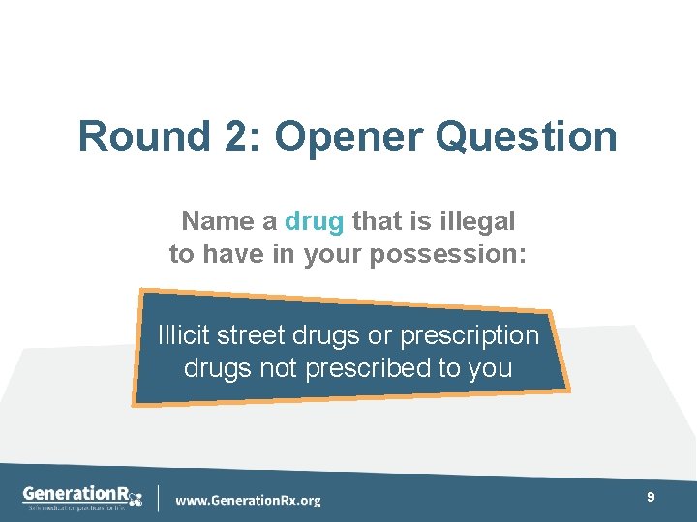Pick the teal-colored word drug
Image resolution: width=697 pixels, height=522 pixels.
pos(315,221)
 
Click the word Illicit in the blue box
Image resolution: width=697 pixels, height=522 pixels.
pos(184,335)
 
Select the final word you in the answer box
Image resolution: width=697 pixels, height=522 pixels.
pos(490,368)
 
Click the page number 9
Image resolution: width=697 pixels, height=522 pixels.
pos(651,496)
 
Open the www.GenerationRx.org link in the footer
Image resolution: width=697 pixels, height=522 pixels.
pos(248,500)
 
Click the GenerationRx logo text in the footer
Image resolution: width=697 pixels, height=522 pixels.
pos(82,493)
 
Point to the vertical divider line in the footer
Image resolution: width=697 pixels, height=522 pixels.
pos(158,497)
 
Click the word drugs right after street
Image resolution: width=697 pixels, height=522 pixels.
pos(325,335)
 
